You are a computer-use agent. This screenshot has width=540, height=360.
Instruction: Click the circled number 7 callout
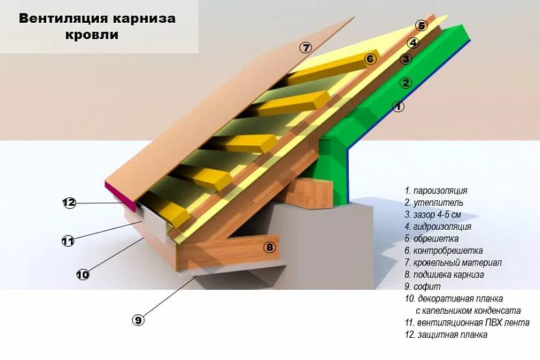click(x=306, y=47)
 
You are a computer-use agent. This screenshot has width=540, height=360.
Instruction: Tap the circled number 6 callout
click(x=370, y=59)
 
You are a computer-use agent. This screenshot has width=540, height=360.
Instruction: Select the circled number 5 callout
click(x=421, y=25)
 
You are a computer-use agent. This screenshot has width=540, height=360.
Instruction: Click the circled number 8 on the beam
click(x=270, y=247)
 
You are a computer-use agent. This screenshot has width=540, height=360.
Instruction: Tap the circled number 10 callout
click(x=83, y=275)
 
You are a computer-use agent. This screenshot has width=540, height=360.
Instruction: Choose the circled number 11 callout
click(x=68, y=241)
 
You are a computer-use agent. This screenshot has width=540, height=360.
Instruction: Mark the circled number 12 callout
click(x=70, y=202)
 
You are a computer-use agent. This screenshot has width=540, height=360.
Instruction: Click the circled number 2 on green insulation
click(x=405, y=83)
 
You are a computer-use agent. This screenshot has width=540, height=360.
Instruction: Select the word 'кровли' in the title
click(x=97, y=35)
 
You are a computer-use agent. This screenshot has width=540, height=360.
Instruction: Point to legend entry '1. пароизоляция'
click(x=435, y=191)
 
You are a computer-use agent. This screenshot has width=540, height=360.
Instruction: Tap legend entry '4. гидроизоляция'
click(x=437, y=227)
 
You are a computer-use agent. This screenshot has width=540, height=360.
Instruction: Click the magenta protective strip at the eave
click(x=125, y=196)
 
